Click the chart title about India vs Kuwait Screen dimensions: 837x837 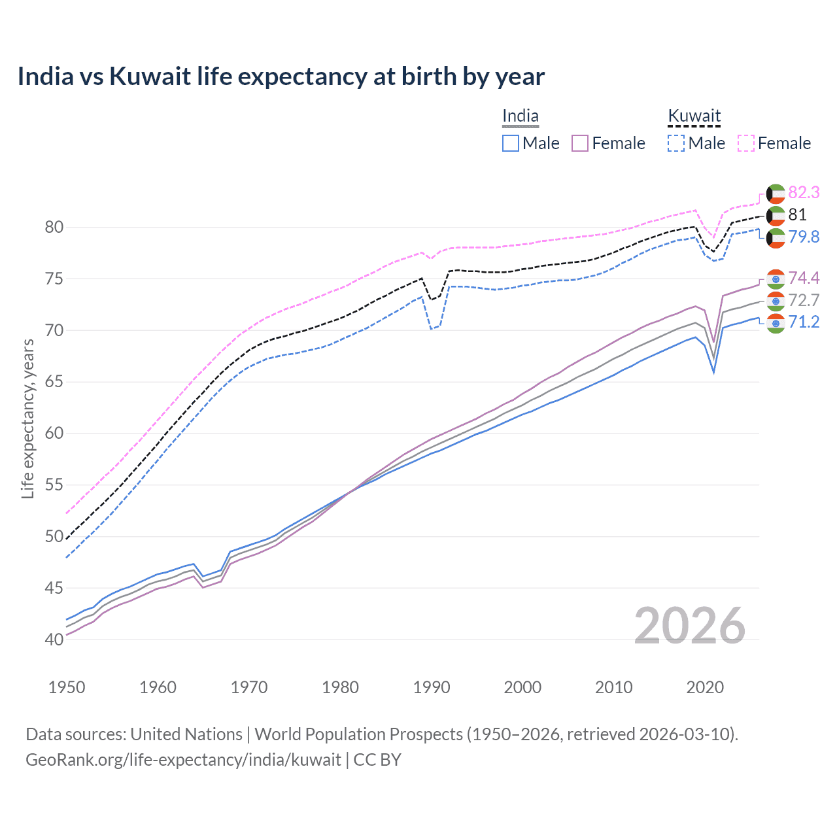pyautogui.click(x=281, y=77)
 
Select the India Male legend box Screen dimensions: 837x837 pyautogui.click(x=511, y=143)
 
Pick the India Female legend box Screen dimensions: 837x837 pyautogui.click(x=580, y=143)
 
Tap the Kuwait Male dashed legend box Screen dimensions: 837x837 pyautogui.click(x=676, y=143)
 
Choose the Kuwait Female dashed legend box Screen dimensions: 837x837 pyautogui.click(x=746, y=143)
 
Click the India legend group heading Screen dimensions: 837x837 pyautogui.click(x=521, y=116)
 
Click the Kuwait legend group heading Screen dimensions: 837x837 pyautogui.click(x=694, y=116)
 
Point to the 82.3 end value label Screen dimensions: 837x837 pyautogui.click(x=804, y=192)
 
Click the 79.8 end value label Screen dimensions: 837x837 pyautogui.click(x=804, y=237)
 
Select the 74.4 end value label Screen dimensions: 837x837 pyautogui.click(x=804, y=279)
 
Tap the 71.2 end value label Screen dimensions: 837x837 pyautogui.click(x=804, y=322)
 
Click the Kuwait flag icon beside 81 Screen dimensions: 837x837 pyautogui.click(x=776, y=215)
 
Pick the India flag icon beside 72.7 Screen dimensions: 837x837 pyautogui.click(x=776, y=301)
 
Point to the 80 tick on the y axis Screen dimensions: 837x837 pyautogui.click(x=54, y=228)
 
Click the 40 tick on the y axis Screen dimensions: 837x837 pyautogui.click(x=54, y=640)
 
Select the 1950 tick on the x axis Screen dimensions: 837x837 pyautogui.click(x=67, y=687)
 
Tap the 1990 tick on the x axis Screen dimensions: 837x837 pyautogui.click(x=432, y=687)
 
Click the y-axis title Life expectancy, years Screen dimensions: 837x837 pyautogui.click(x=28, y=418)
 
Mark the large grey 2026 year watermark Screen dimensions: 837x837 pyautogui.click(x=689, y=626)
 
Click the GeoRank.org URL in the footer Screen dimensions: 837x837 pyautogui.click(x=183, y=760)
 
